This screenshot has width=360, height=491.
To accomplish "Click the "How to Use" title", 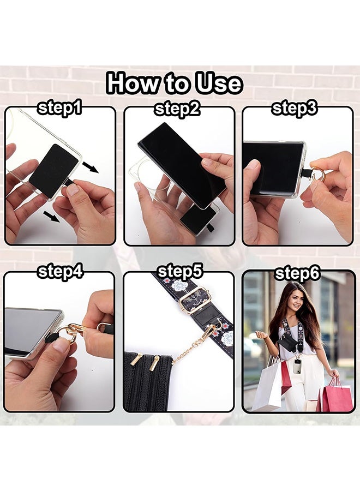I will (175, 83).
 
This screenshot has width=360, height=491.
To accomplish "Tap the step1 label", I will (59, 109).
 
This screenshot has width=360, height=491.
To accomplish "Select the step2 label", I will (177, 109).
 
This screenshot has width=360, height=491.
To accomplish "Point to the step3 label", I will (294, 109).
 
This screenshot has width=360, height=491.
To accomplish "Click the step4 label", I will (60, 272).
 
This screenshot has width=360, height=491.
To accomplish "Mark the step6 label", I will (297, 273).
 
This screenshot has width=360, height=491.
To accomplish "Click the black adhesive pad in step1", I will (53, 171).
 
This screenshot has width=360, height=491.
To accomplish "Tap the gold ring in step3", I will (320, 175).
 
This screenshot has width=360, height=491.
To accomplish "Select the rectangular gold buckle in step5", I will (194, 300).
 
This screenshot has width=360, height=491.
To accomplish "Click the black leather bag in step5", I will (148, 382).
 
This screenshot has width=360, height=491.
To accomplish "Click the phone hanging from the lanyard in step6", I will (297, 366).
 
